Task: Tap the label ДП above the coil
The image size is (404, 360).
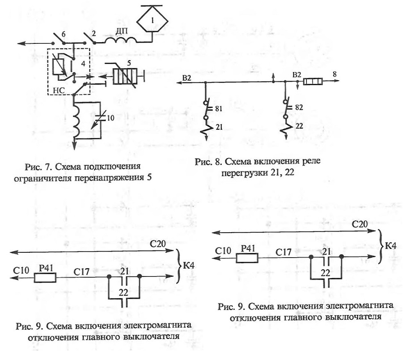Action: [x=121, y=31]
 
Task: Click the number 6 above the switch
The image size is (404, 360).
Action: [x=63, y=34]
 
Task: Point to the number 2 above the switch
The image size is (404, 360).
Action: [x=93, y=34]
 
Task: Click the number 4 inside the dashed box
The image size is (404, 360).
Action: [x=83, y=63]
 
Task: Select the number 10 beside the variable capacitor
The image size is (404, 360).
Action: [x=110, y=118]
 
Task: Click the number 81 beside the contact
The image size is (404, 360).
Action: [x=218, y=109]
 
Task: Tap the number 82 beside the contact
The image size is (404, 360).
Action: [x=299, y=107]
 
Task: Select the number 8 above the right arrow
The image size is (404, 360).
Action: [x=334, y=74]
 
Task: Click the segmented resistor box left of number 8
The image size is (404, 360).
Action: [x=313, y=82]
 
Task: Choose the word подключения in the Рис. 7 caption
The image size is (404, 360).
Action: [x=112, y=167]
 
